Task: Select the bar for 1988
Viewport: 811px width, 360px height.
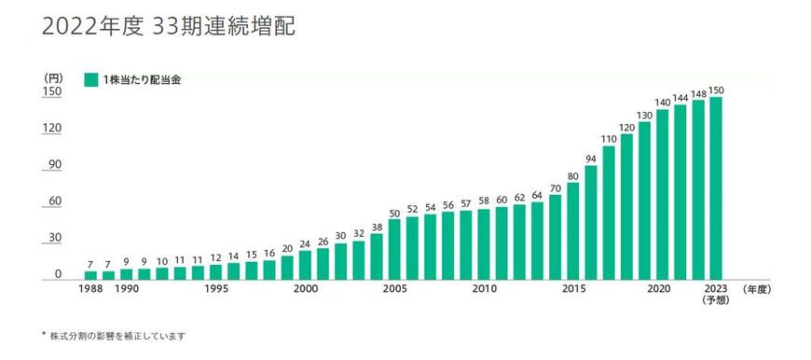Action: [90, 275]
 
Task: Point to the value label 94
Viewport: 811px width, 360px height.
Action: [591, 158]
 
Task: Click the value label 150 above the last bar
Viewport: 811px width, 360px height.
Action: [716, 90]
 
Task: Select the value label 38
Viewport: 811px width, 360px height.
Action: [377, 227]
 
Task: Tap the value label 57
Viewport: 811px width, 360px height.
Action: [466, 203]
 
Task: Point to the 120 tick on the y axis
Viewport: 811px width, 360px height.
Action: [53, 128]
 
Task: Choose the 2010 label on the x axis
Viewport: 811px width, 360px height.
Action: [484, 290]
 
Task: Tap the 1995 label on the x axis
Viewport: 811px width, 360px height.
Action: [215, 290]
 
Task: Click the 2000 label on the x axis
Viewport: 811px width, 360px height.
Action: [305, 290]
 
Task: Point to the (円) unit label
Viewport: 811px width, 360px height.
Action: [52, 76]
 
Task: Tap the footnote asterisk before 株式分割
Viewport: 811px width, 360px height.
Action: [44, 335]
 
